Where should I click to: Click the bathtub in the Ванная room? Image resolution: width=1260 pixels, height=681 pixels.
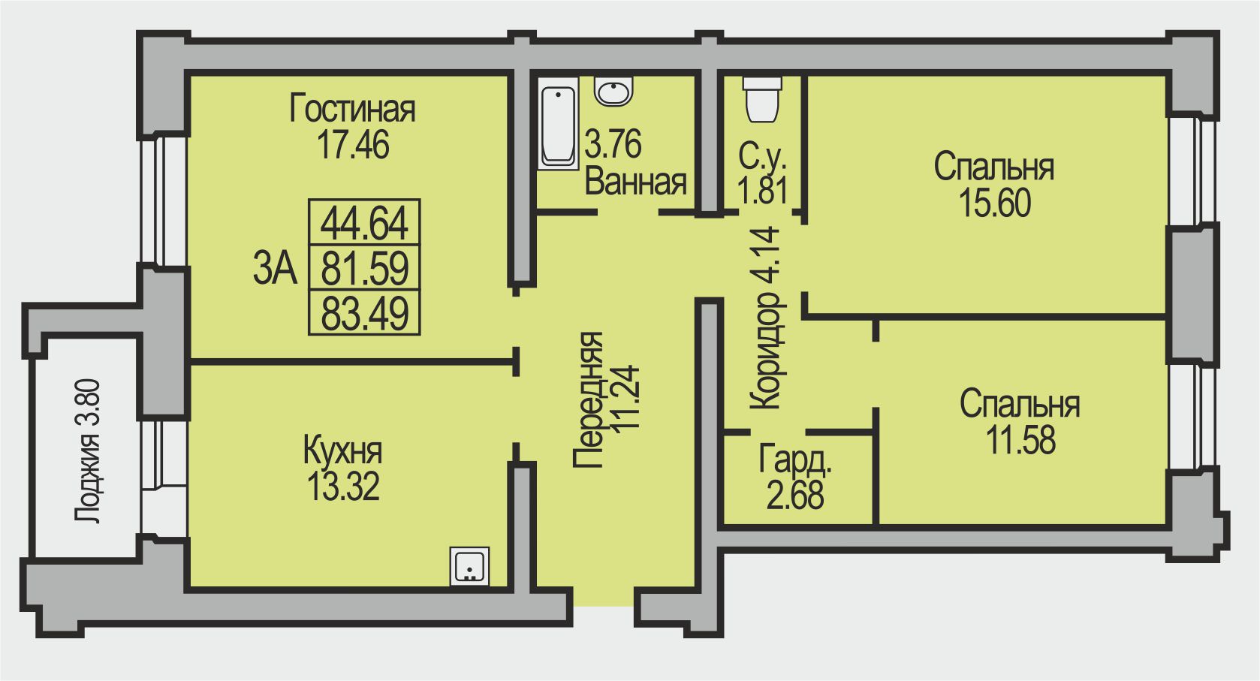tap(558, 124)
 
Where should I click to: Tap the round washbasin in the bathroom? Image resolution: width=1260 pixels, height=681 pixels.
tap(613, 92)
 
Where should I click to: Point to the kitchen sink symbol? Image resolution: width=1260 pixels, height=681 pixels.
tap(469, 566)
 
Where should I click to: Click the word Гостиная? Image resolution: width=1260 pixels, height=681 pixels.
tap(352, 109)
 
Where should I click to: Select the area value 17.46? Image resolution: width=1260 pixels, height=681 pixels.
tap(353, 144)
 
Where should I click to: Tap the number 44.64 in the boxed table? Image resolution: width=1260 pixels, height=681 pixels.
tap(364, 223)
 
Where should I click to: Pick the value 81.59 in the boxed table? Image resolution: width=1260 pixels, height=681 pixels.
tap(364, 268)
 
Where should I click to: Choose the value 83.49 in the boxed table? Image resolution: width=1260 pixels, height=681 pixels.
tap(364, 313)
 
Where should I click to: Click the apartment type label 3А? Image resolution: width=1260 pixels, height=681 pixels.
tap(275, 268)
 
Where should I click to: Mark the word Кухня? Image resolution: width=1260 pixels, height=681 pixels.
tap(342, 450)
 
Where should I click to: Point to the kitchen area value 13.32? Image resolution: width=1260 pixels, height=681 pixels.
tap(343, 486)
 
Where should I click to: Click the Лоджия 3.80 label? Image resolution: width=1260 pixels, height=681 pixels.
tap(88, 451)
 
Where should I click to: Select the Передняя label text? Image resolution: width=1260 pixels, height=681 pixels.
tap(589, 400)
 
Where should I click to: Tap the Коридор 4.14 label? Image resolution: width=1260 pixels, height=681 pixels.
tap(765, 317)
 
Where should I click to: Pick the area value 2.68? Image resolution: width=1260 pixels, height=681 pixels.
tap(794, 495)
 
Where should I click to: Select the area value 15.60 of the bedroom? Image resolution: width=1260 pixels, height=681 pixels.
tap(994, 203)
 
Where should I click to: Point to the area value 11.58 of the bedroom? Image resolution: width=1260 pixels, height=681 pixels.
tap(1021, 440)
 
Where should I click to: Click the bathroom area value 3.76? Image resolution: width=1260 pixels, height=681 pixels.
tap(613, 143)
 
